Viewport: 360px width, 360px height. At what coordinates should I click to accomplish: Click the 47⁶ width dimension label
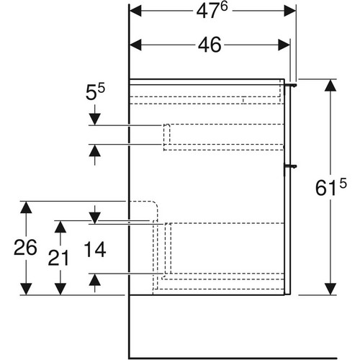pos(212,11)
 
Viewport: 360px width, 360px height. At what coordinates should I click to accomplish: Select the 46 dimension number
pos(210,45)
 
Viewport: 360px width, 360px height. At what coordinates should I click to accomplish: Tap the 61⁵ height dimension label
pos(331,188)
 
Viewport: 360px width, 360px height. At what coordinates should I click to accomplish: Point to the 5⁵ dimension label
pos(95,91)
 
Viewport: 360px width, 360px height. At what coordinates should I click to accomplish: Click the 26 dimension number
pos(25,248)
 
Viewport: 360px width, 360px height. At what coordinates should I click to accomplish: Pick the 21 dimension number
pos(59,258)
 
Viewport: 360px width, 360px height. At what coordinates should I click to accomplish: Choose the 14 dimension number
pos(95,250)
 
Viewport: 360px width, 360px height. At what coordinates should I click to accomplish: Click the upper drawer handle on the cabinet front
pos(290,85)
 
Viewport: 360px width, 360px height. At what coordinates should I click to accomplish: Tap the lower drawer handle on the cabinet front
pos(290,166)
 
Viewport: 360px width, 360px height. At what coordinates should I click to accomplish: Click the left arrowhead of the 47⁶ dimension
pos(135,11)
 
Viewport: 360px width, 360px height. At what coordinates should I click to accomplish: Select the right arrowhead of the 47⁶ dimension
pos(290,11)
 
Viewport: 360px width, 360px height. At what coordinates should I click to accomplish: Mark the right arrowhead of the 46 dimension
pos(284,45)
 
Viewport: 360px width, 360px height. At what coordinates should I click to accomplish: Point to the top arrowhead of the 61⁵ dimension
pos(330,85)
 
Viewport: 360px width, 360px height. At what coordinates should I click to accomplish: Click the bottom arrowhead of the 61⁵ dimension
pos(330,289)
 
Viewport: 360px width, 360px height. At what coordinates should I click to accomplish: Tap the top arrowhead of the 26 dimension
pos(26,207)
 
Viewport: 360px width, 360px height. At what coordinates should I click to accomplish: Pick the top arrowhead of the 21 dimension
pos(60,227)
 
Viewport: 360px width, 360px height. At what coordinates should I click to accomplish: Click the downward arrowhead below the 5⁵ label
pos(95,120)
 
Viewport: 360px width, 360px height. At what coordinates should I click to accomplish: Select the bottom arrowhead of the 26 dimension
pos(26,289)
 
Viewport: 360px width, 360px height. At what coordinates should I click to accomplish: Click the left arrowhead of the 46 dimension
pos(135,45)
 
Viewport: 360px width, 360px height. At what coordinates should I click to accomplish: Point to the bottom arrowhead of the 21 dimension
pos(60,289)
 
